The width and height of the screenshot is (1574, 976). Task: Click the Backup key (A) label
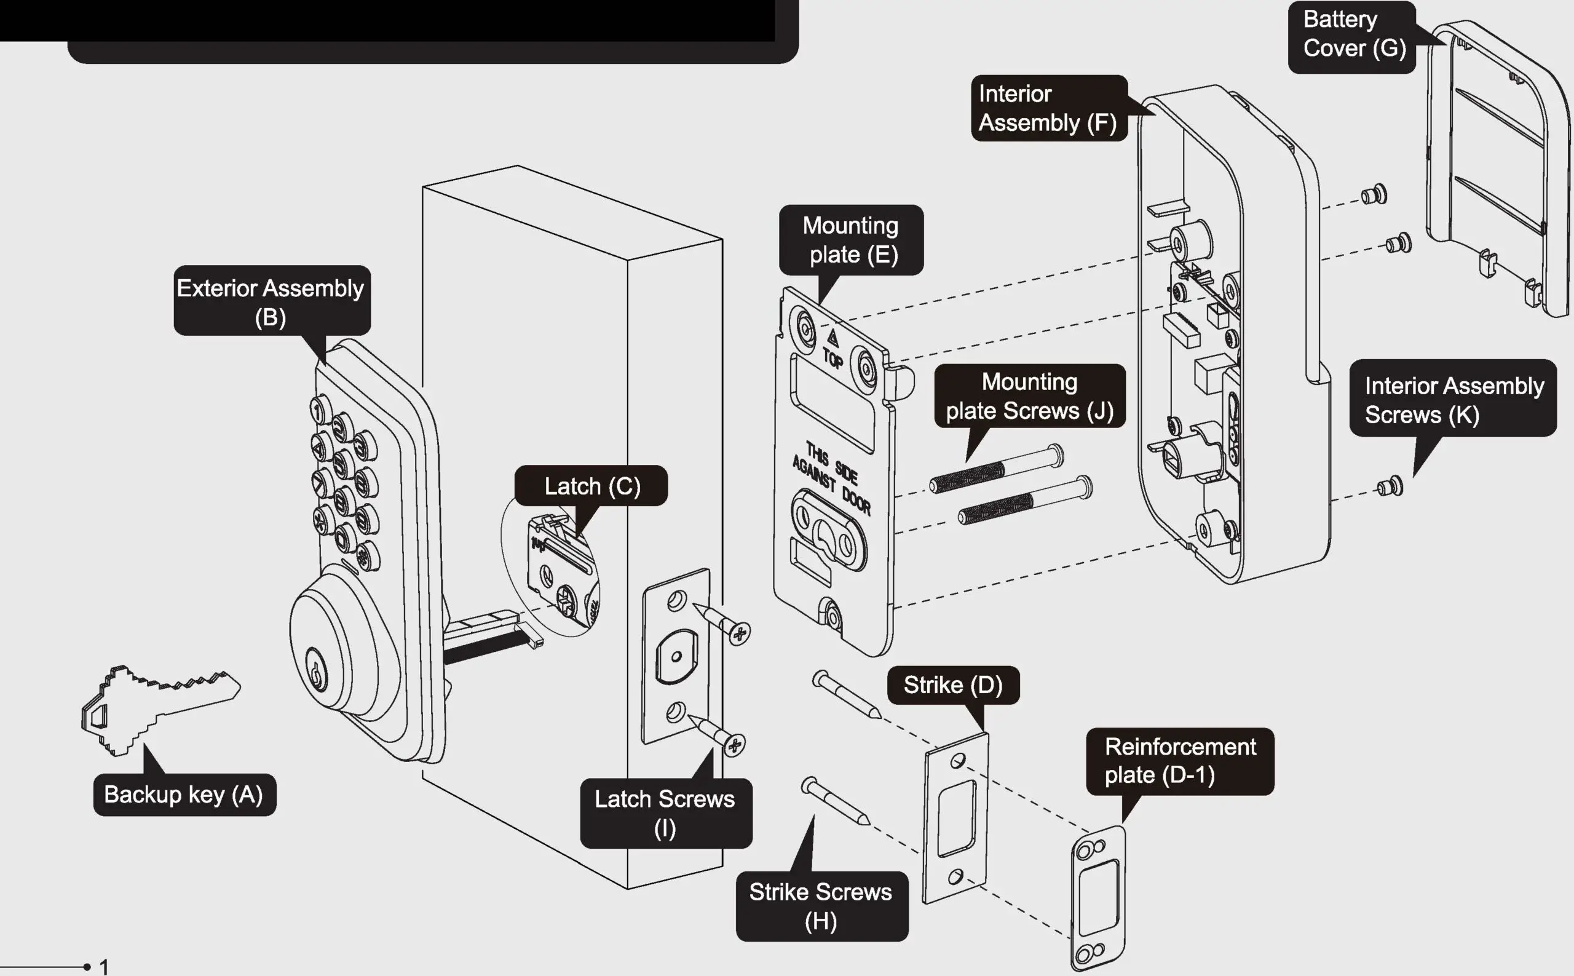[184, 795]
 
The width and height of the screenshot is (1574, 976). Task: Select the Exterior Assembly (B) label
[271, 301]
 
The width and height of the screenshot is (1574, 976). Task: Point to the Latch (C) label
[591, 486]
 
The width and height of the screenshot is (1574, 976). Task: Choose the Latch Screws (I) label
[665, 813]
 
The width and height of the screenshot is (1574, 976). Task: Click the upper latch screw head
[738, 633]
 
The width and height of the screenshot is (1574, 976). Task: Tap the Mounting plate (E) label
[851, 240]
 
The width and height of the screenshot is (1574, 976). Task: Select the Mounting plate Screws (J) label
[1029, 395]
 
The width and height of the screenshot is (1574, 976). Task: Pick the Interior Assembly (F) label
[1048, 108]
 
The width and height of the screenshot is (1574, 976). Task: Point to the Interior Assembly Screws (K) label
[1453, 400]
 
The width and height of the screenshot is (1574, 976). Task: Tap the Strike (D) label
[952, 685]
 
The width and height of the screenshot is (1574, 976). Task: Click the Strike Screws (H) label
[821, 906]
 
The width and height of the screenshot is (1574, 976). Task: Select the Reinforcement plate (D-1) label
[1180, 760]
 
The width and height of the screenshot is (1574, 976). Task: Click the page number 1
[104, 966]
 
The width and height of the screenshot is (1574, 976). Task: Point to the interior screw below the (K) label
[1390, 486]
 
